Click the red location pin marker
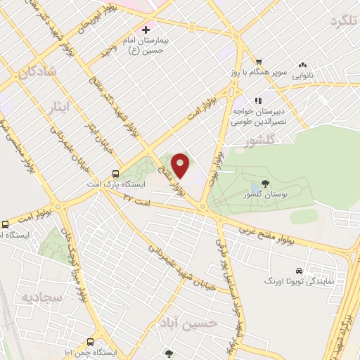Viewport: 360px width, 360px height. pyautogui.click(x=181, y=165)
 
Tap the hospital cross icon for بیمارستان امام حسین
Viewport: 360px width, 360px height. pyautogui.click(x=146, y=30)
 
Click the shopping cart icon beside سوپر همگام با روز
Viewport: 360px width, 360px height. pyautogui.click(x=259, y=62)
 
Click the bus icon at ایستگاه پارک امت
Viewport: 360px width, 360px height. pyautogui.click(x=115, y=173)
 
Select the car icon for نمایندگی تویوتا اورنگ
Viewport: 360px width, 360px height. pyautogui.click(x=299, y=270)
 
